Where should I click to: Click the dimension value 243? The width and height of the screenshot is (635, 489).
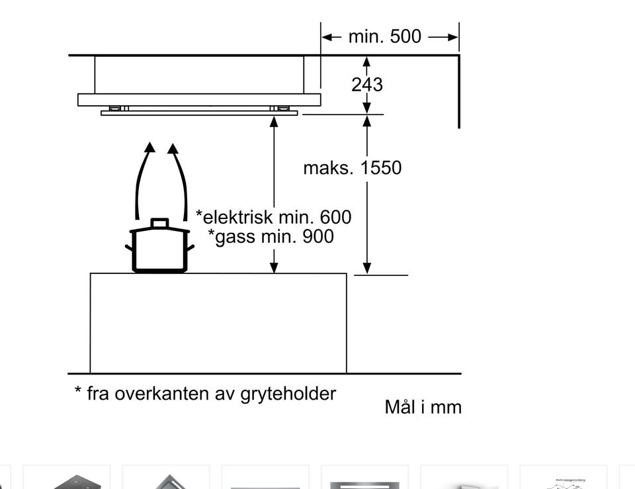[367, 85]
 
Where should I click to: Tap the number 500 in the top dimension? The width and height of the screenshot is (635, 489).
[405, 36]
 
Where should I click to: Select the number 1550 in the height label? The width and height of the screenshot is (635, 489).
[381, 167]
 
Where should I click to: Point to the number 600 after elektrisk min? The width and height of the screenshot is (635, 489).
[336, 217]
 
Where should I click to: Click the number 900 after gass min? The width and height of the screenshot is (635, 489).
[318, 236]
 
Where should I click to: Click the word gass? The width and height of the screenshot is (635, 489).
[235, 238]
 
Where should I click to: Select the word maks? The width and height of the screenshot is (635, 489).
[329, 167]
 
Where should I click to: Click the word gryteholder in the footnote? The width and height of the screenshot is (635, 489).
[288, 394]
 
